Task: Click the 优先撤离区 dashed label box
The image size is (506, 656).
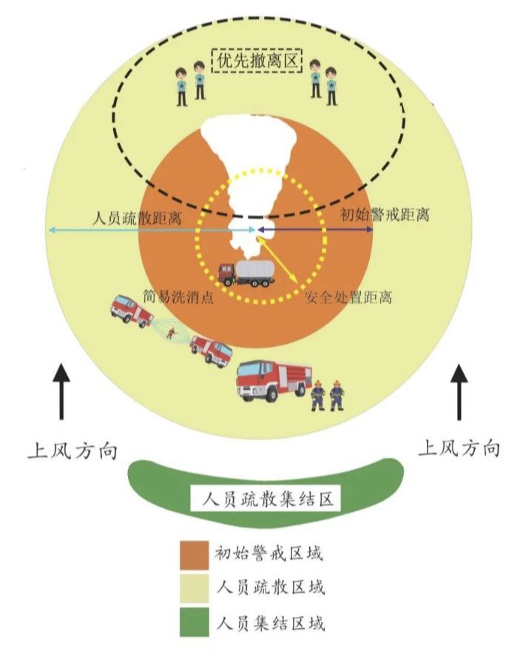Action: (x=257, y=60)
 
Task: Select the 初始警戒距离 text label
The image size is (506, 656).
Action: (x=385, y=217)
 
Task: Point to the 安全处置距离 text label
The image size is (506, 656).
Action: (x=348, y=298)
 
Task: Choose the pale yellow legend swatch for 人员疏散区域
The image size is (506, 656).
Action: (x=195, y=589)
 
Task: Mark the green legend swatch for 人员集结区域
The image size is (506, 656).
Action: (x=195, y=623)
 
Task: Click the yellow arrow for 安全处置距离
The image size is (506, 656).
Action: (x=277, y=259)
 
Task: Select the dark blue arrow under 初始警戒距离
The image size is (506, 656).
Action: (x=318, y=231)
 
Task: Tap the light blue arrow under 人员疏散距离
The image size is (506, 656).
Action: (x=148, y=231)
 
